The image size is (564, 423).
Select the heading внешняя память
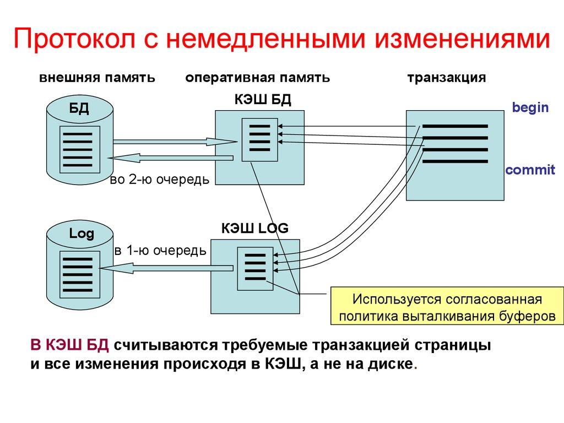pos(97,78)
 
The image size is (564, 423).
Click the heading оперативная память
pos(258,78)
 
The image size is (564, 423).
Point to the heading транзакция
pos(447,78)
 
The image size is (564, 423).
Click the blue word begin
pos(530,107)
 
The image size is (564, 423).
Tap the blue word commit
pos(530,170)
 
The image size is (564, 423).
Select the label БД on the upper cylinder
pos(79,107)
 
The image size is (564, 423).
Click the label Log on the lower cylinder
pos(82,234)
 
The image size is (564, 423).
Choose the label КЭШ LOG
pos(255,228)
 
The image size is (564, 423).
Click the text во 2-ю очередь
pos(160,180)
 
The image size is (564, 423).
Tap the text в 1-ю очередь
pos(160,251)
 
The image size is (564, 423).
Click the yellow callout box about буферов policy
pos(447,308)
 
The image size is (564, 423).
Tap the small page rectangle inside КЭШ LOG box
pos(254,268)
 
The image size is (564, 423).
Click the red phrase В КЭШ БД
pos(72,345)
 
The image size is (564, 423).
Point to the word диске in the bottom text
pos(392,365)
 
